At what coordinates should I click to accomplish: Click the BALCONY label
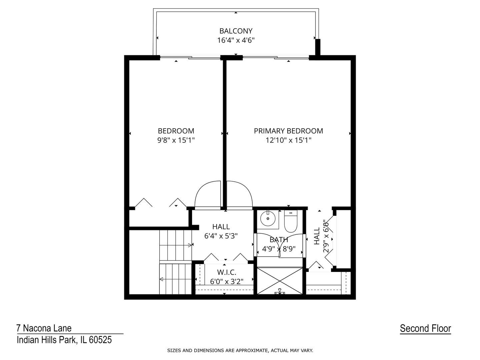pyautogui.click(x=236, y=31)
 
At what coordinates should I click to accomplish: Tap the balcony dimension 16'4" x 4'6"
pyautogui.click(x=236, y=40)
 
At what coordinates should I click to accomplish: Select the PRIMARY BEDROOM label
pyautogui.click(x=288, y=131)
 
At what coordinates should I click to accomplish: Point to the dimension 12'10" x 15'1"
pyautogui.click(x=288, y=140)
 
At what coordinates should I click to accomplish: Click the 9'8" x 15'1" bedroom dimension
pyautogui.click(x=176, y=140)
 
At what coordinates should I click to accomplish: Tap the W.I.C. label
pyautogui.click(x=227, y=272)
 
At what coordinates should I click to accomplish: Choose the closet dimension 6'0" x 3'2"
pyautogui.click(x=227, y=282)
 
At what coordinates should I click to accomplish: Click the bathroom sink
pyautogui.click(x=268, y=219)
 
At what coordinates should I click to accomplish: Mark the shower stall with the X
pyautogui.click(x=280, y=281)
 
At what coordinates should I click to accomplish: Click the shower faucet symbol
pyautogui.click(x=280, y=291)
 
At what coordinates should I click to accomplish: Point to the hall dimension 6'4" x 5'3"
pyautogui.click(x=221, y=236)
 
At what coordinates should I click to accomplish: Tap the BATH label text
pyautogui.click(x=279, y=240)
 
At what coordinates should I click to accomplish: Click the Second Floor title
pyautogui.click(x=425, y=329)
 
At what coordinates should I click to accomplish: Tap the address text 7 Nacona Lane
pyautogui.click(x=44, y=328)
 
